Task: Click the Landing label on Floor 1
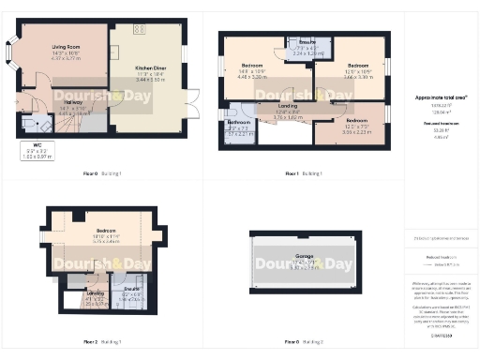tap(288, 110)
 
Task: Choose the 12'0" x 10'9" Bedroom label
tap(351, 67)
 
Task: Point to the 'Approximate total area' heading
tap(434, 97)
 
